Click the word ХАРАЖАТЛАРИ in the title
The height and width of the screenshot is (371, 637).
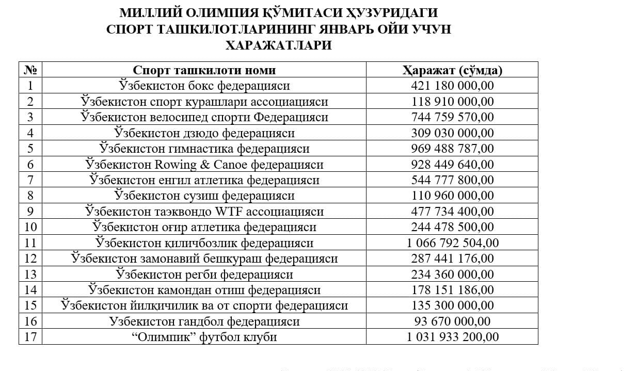(x=278, y=45)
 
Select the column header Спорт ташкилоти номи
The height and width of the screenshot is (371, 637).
(x=204, y=70)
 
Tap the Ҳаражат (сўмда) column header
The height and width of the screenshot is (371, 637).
(x=452, y=70)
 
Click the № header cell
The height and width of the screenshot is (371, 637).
(x=30, y=70)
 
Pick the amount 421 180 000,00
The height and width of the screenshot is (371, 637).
(x=452, y=86)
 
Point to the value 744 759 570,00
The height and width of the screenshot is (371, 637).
(x=452, y=117)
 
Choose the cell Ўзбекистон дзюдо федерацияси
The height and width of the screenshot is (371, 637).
(x=204, y=133)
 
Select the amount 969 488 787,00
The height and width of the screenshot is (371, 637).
(x=452, y=149)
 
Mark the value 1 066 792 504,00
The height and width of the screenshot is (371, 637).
(x=452, y=243)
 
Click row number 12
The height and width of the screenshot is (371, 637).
(x=30, y=259)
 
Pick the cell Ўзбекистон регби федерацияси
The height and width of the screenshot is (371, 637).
(x=204, y=275)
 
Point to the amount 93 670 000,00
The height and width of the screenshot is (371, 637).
(x=452, y=321)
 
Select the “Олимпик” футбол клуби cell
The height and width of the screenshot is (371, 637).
(x=204, y=337)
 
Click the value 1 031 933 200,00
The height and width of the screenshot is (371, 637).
(x=452, y=337)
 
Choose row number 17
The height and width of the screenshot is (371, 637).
(x=30, y=337)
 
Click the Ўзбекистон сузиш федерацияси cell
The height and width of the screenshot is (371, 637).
(x=204, y=196)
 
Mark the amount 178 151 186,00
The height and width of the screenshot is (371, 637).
(x=452, y=290)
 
